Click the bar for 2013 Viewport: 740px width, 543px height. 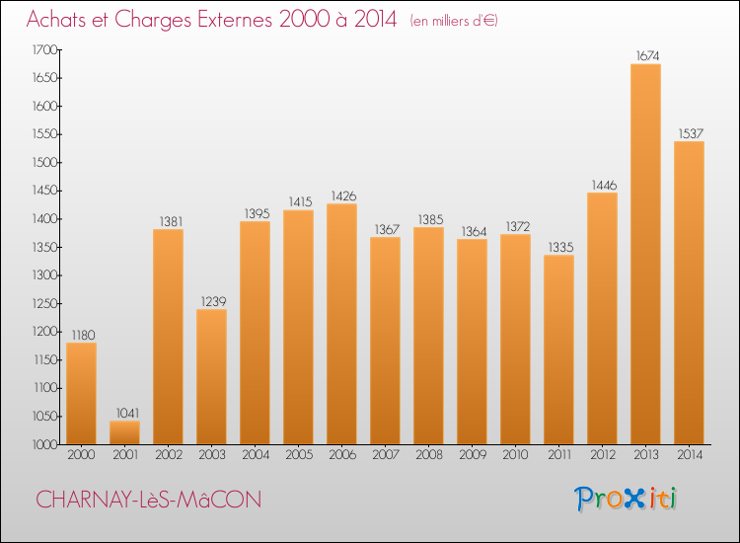coord(645,255)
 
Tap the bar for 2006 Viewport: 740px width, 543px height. coord(341,324)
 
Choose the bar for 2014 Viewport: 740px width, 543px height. coord(689,292)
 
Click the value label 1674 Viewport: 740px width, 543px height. coord(645,56)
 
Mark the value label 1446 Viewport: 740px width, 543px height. coord(602,185)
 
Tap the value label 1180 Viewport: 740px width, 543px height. coord(81,335)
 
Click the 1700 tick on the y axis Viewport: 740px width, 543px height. coord(44,49)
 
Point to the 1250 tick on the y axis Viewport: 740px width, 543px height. coord(44,303)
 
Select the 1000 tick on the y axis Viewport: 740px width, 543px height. coord(44,444)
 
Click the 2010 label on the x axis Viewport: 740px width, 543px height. coord(515,455)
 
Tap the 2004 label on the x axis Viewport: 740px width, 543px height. coord(255,455)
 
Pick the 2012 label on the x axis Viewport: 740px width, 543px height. coord(602,455)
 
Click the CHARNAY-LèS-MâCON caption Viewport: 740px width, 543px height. coord(148,500)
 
